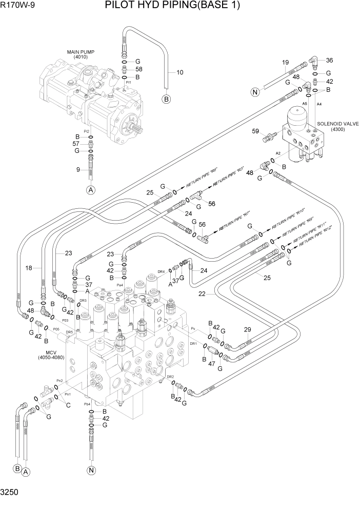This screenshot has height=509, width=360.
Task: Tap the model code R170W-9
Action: [17, 6]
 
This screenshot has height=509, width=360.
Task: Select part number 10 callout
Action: [179, 72]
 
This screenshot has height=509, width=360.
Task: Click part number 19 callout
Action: [286, 63]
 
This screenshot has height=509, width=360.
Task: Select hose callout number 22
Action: [202, 293]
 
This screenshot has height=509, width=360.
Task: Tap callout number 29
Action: [247, 329]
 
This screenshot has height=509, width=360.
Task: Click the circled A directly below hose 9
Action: [91, 190]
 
